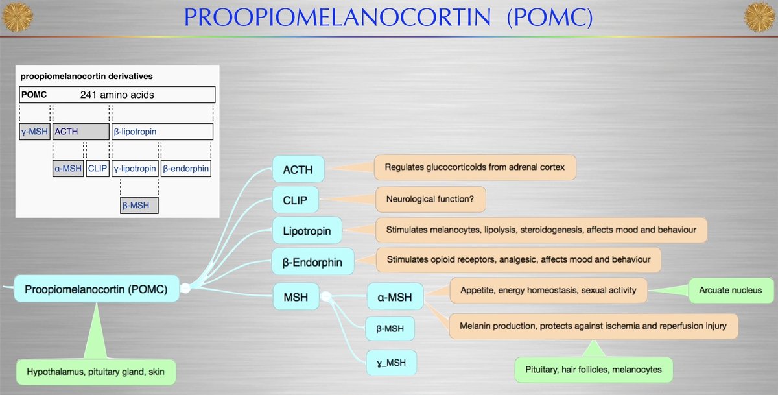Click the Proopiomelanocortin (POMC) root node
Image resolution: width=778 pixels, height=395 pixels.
click(x=96, y=289)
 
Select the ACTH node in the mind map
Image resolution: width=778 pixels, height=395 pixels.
click(x=298, y=170)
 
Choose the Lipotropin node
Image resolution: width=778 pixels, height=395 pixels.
click(x=307, y=231)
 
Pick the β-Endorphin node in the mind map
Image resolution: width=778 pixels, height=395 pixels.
click(x=313, y=262)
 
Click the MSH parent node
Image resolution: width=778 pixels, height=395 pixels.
click(x=296, y=298)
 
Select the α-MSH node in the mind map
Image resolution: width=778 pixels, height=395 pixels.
click(x=395, y=298)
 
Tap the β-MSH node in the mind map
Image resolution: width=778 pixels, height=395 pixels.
click(x=390, y=329)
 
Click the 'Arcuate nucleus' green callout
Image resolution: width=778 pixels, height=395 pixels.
click(x=730, y=290)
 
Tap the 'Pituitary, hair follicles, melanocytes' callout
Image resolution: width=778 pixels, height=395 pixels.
click(x=593, y=369)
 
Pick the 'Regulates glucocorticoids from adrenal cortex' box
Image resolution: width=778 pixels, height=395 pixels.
click(x=475, y=167)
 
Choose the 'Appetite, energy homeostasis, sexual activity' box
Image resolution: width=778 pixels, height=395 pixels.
click(x=548, y=290)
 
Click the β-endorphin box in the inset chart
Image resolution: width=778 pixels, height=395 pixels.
click(x=186, y=169)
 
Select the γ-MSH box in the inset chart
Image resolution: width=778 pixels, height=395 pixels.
click(x=34, y=132)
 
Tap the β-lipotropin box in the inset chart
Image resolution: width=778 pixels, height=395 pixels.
click(x=162, y=132)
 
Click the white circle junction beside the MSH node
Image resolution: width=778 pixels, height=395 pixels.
click(x=327, y=296)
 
